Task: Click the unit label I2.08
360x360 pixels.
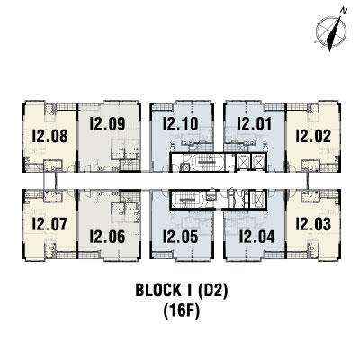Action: click(49, 136)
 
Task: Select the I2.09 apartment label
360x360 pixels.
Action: click(107, 123)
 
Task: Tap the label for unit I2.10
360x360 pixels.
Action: click(180, 123)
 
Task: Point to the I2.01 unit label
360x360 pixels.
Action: click(255, 123)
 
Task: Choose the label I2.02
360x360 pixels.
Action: click(313, 136)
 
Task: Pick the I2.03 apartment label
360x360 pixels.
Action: click(313, 224)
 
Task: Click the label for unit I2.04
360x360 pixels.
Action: click(256, 237)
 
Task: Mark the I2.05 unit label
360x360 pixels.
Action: click(180, 237)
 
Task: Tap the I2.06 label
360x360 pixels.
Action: click(107, 237)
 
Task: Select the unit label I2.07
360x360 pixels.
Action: click(49, 224)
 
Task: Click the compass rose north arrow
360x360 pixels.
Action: click(334, 33)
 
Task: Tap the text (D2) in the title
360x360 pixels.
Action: click(213, 291)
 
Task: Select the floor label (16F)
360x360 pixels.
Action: click(182, 311)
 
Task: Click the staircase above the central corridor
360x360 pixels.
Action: click(207, 162)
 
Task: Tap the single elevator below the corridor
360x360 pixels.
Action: click(257, 198)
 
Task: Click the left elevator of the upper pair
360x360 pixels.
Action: click(242, 162)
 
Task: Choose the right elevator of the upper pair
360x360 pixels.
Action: click(257, 162)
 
